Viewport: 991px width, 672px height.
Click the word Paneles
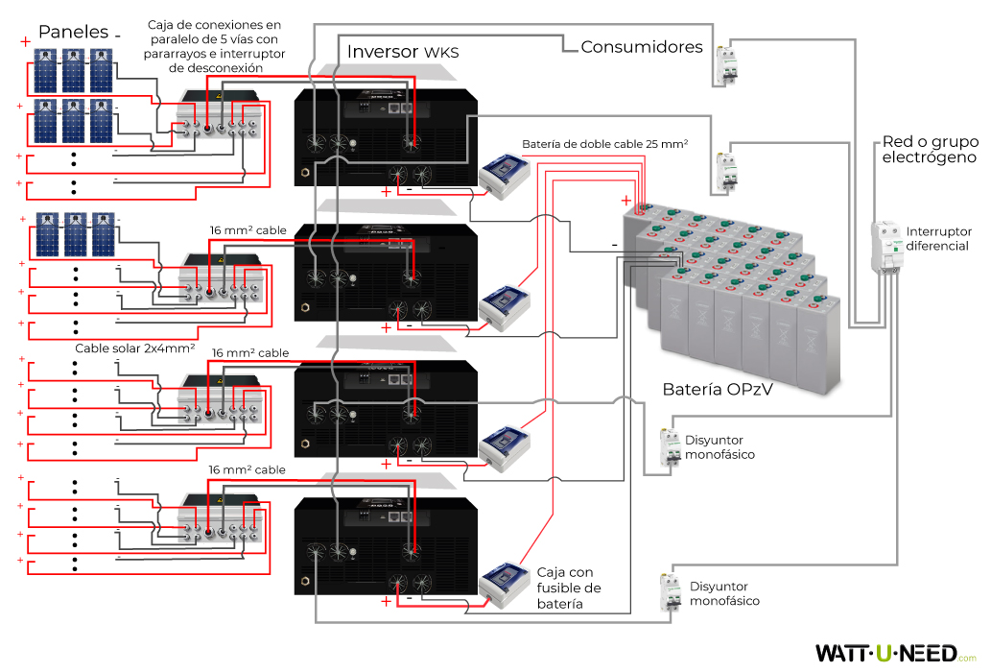[73, 32]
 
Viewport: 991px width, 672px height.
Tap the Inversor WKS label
[403, 51]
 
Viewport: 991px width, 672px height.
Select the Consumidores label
[641, 46]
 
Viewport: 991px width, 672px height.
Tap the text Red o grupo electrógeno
[929, 150]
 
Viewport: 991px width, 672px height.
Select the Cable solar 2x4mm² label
[135, 348]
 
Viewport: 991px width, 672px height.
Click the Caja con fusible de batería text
[569, 588]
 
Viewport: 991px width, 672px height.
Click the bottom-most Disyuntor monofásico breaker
[669, 591]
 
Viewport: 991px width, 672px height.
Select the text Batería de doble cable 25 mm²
[605, 144]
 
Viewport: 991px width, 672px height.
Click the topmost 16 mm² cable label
[248, 230]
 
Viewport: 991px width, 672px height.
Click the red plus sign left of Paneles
[25, 41]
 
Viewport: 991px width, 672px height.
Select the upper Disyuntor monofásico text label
[720, 446]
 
